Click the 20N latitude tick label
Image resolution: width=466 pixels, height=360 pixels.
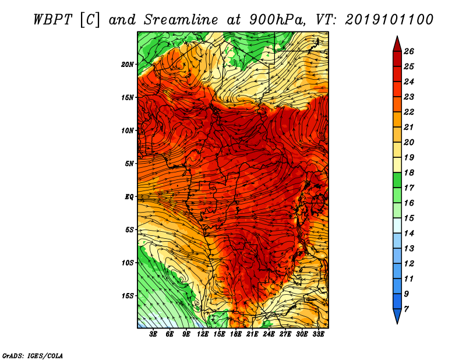tap(128, 65)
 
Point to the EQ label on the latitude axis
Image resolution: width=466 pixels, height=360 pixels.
tap(129, 197)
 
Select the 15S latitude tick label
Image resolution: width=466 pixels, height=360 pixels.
tap(128, 296)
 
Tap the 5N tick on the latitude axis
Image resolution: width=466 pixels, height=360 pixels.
tap(129, 164)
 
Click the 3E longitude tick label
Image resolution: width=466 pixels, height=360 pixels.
tap(153, 334)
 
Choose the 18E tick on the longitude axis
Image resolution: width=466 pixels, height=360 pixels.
tap(236, 334)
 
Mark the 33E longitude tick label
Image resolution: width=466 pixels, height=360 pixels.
tap(318, 334)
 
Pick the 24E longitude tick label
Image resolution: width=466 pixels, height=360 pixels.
tap(269, 334)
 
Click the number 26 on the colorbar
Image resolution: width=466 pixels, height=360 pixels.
tap(409, 51)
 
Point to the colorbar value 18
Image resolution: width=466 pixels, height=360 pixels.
tap(409, 172)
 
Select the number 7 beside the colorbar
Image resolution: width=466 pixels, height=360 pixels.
tap(406, 309)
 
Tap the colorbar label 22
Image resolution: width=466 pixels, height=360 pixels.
tap(409, 112)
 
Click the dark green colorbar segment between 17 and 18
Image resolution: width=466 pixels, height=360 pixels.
tap(397, 180)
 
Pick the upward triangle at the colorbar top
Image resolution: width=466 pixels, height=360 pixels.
tap(397, 45)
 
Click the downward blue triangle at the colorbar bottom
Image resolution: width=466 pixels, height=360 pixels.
tap(397, 316)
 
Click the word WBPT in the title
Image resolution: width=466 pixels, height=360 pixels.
tap(52, 20)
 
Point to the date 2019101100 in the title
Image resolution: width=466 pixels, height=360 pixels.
tap(389, 20)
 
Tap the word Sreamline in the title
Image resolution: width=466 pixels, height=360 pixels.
tap(181, 20)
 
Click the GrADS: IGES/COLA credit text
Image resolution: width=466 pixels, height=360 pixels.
tap(33, 356)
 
